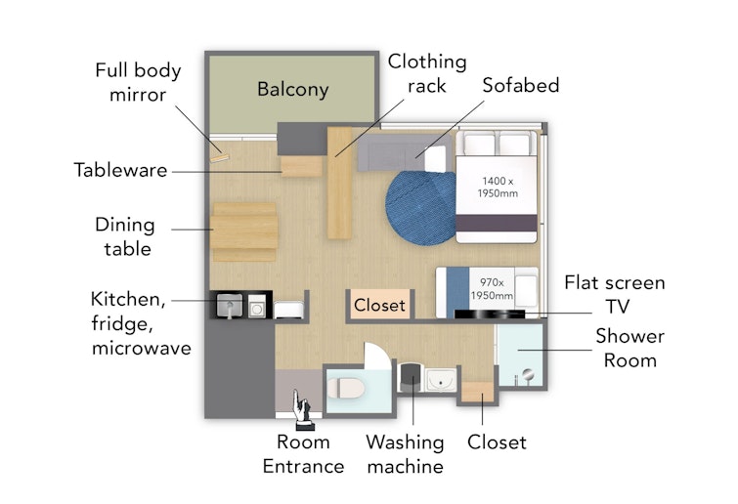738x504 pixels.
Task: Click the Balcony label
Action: coord(292,89)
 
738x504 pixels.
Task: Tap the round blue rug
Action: coord(420,208)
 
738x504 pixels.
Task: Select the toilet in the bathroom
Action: coord(346,389)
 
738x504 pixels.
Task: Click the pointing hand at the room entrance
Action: coord(302,410)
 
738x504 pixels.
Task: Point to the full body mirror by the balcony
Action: coord(219,157)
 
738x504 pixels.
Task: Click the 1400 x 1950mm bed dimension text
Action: coord(498,187)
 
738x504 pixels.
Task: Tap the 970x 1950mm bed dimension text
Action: coord(492,289)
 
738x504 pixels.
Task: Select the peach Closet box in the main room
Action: coord(379,305)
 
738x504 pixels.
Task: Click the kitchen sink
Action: coord(229,305)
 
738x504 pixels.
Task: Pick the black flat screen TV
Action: coord(490,315)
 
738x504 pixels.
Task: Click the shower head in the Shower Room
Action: coord(528,375)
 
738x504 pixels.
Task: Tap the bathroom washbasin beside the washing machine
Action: coord(441,379)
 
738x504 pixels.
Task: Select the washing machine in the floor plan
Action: coord(411,378)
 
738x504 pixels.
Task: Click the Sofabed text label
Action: coord(521,85)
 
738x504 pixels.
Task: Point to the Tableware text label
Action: coord(120,170)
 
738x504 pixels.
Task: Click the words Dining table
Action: coord(125,236)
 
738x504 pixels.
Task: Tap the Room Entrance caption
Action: coord(303,454)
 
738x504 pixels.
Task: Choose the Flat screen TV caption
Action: coord(615,294)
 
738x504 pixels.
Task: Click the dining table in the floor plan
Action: coord(243,231)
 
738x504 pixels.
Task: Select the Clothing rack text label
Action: coord(427,73)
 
